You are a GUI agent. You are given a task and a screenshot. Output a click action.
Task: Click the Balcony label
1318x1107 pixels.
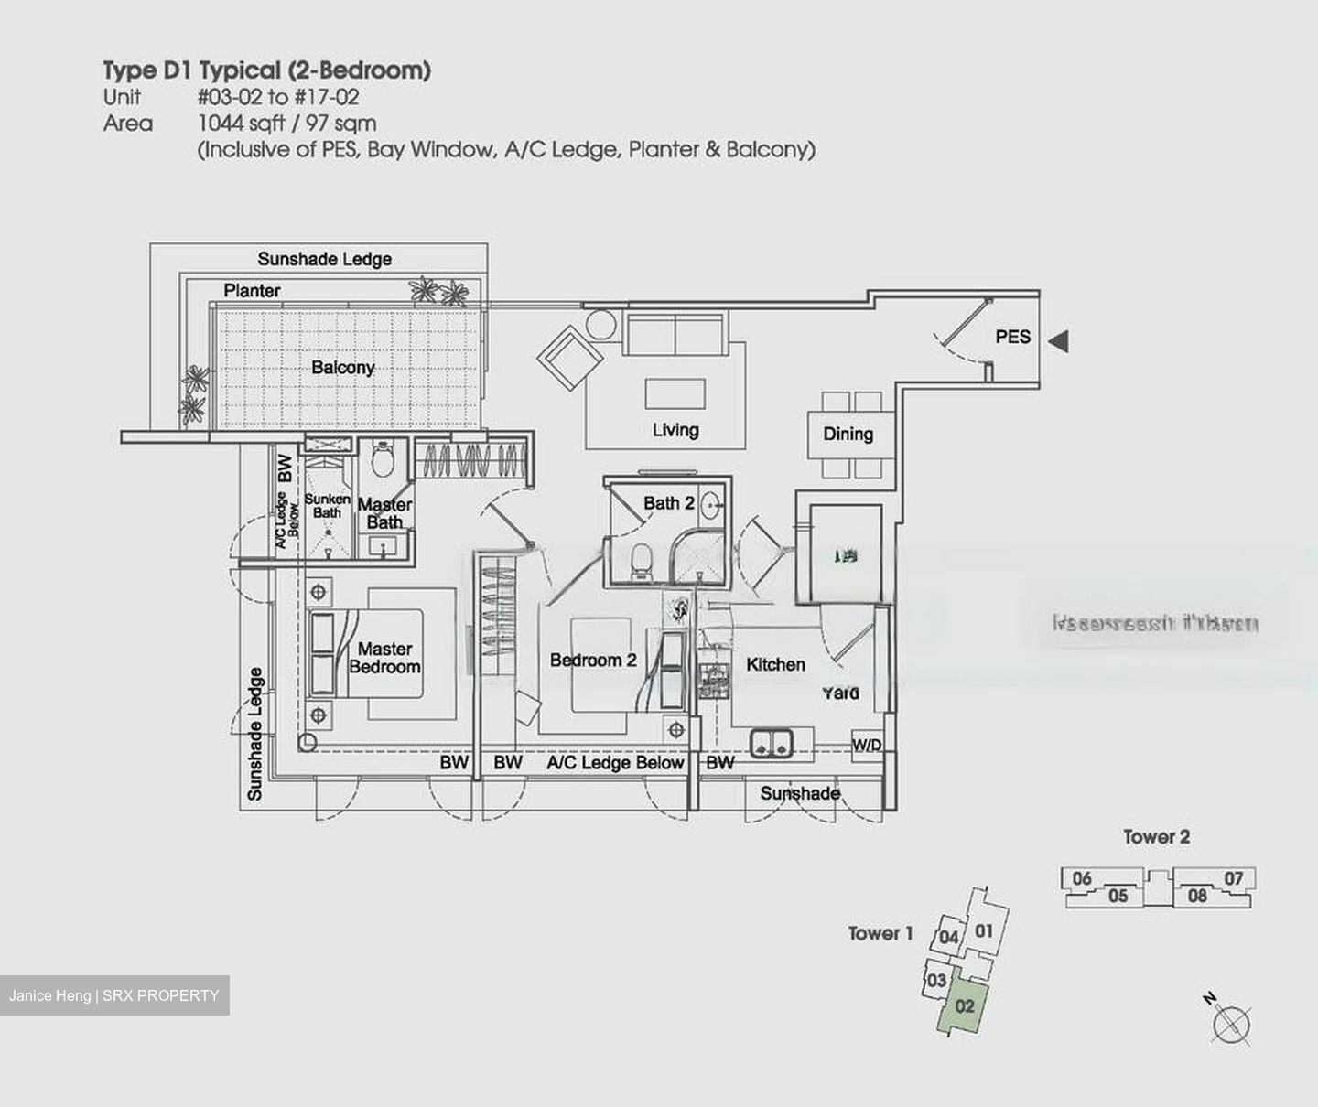[x=343, y=368]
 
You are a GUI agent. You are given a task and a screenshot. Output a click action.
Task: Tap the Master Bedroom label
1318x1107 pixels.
[x=384, y=658]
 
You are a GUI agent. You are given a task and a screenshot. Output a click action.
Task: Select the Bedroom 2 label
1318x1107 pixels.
[x=593, y=660]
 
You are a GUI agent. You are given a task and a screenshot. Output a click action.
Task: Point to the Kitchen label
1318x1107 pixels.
[x=775, y=664]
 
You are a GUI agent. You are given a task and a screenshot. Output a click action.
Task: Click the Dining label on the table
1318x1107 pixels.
[x=848, y=434]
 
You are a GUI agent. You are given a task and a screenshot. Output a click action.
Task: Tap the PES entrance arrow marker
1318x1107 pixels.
[x=1058, y=342]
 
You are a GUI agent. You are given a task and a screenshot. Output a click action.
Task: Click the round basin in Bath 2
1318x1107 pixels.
[x=713, y=501]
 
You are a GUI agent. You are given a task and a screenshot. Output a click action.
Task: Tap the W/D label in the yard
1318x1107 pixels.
[x=867, y=745]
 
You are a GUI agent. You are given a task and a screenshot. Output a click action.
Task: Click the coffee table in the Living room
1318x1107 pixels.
[x=675, y=393]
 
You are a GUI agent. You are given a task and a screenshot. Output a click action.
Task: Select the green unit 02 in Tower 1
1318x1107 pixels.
[x=964, y=1006]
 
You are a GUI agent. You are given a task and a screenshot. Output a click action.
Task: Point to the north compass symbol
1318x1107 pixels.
[x=1231, y=1024]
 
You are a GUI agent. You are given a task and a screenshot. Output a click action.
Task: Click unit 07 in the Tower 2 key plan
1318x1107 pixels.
[x=1233, y=879]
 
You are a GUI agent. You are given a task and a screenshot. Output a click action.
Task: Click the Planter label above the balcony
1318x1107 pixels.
[x=252, y=290]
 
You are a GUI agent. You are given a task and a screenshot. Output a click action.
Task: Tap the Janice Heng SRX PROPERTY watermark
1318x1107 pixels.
[x=114, y=995]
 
